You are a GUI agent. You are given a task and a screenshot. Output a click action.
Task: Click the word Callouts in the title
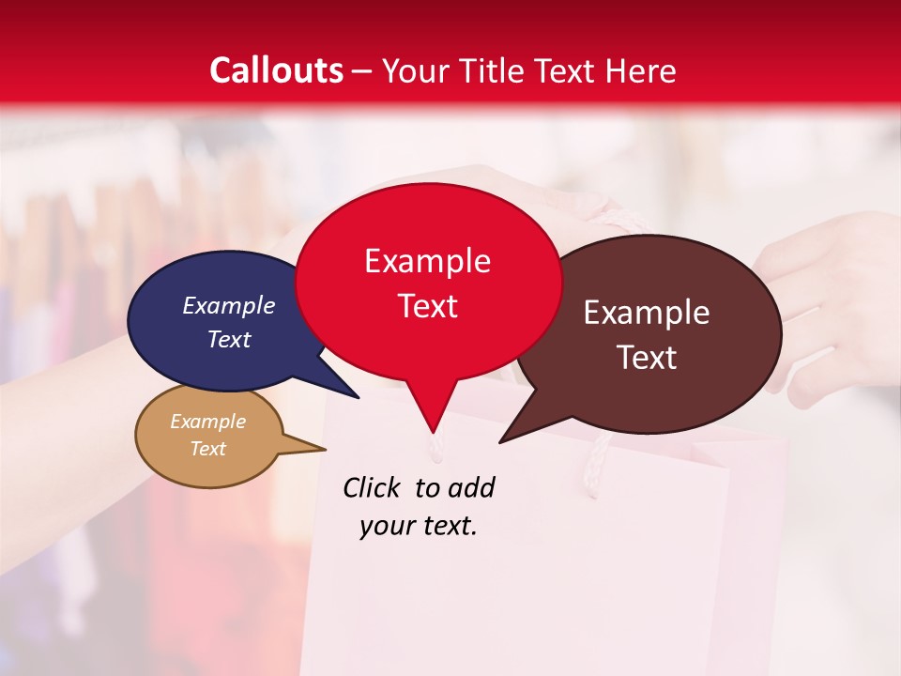coord(277,70)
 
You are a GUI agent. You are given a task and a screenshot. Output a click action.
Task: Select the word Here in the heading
coord(640,70)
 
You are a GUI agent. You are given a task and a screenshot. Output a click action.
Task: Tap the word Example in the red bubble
coord(427,261)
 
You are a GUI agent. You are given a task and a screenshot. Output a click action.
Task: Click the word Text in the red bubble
coord(427,306)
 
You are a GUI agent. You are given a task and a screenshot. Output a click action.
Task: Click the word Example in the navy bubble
coord(228,305)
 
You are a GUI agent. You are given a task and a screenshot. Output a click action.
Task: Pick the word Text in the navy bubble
coord(228,339)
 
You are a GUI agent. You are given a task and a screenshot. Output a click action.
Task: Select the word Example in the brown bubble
coord(647,313)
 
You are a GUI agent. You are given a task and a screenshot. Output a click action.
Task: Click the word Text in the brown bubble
coord(647,358)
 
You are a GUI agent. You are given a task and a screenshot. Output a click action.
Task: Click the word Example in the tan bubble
coord(207,422)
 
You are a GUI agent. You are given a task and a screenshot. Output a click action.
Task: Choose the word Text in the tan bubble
coord(207,449)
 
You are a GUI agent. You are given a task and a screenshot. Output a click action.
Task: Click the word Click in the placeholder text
coord(374,487)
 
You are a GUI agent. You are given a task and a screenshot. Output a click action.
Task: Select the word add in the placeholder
coord(470,487)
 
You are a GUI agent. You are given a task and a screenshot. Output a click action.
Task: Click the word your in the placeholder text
coord(386,526)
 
